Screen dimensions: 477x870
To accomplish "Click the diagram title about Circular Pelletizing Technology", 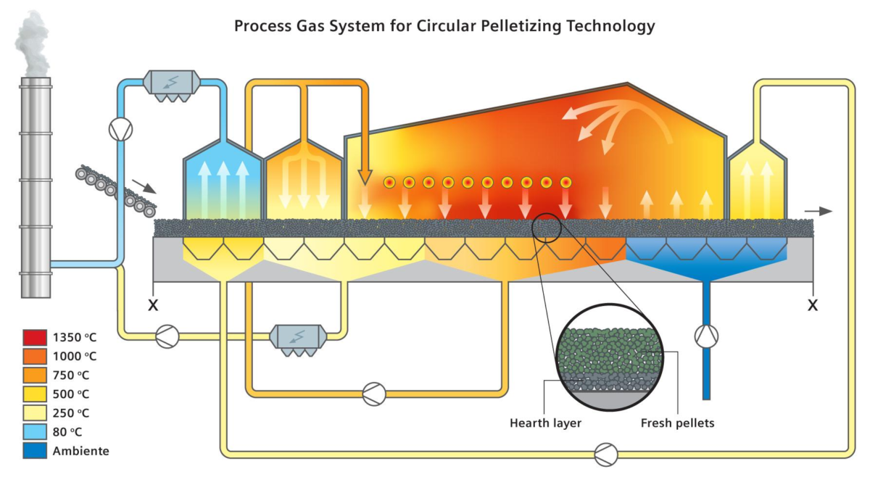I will (444, 27).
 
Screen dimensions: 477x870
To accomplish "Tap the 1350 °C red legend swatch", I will (35, 337).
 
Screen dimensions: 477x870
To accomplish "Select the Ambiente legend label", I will (80, 451).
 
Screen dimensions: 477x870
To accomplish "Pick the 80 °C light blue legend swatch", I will (35, 432).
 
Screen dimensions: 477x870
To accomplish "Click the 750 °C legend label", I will (74, 375).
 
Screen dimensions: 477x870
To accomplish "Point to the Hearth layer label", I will (545, 423).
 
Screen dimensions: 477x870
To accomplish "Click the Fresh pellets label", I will (678, 423).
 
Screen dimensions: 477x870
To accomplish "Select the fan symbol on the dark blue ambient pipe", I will (706, 335).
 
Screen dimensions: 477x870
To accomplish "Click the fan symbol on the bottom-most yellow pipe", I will (605, 455).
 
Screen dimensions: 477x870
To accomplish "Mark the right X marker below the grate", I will (813, 305).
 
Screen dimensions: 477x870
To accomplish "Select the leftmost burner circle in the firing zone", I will (389, 182).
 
